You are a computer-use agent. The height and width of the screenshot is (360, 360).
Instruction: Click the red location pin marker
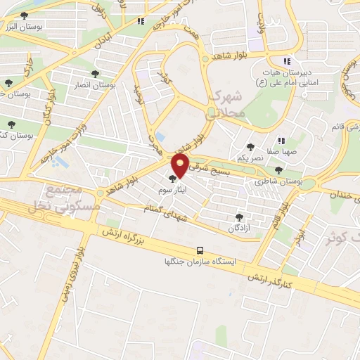point(181,166)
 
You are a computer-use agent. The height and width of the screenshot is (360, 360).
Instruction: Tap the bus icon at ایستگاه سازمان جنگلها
point(201,250)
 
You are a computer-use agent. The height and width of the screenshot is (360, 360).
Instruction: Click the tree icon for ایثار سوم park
point(173,179)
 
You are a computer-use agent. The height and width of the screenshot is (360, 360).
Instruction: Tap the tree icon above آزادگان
point(240,217)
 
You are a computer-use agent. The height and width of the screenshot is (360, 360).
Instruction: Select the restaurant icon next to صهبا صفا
point(281,140)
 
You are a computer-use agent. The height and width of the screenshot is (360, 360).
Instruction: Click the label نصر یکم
point(250,158)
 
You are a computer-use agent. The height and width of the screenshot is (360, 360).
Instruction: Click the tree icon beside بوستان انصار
point(94,73)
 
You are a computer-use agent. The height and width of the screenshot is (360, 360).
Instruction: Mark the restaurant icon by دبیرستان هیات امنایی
point(286,60)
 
